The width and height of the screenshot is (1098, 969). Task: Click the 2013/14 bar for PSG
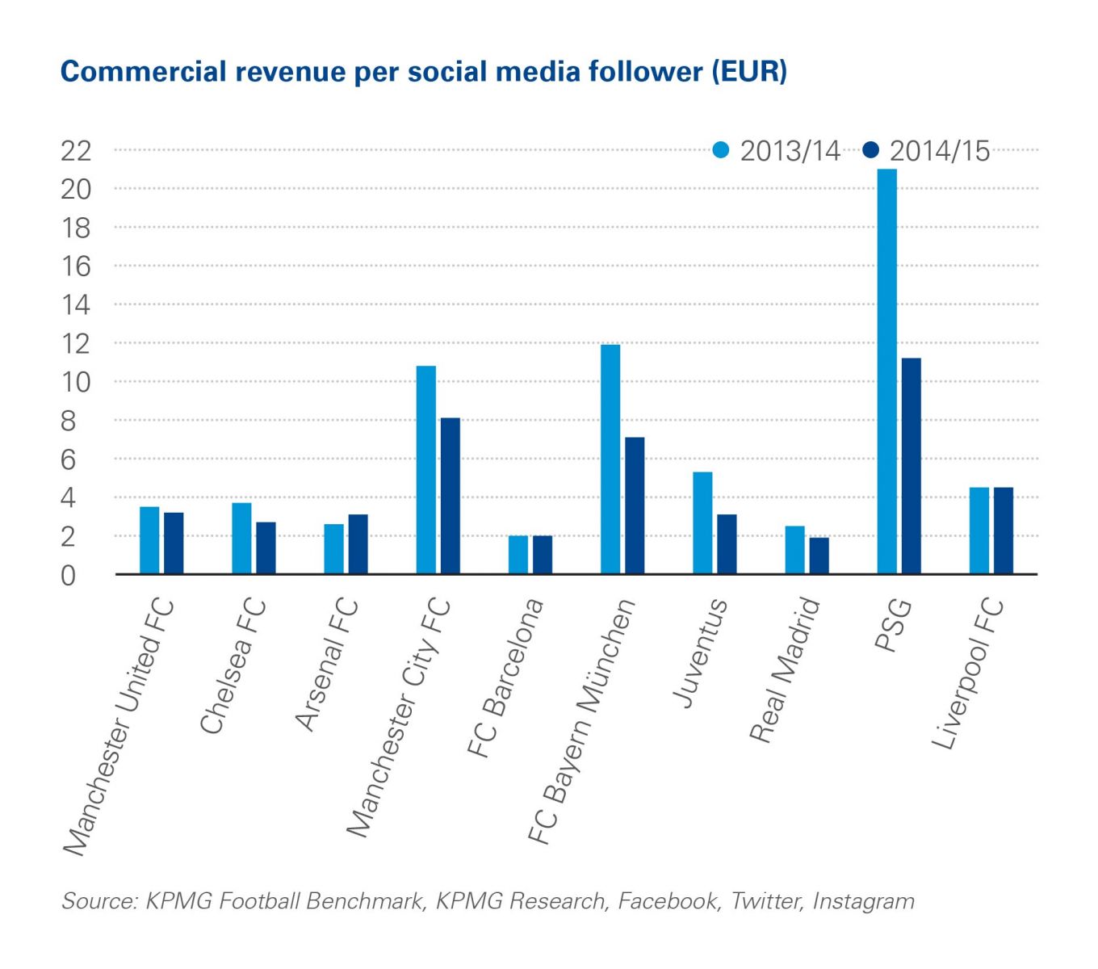[x=886, y=371]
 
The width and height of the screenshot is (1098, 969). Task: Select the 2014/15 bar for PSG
[x=911, y=466]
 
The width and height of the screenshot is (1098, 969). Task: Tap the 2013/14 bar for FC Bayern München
[x=610, y=459]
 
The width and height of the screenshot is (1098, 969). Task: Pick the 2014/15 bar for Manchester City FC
[x=450, y=496]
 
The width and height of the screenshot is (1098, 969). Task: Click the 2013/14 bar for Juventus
[x=702, y=523]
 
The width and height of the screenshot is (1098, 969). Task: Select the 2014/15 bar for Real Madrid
[x=819, y=556]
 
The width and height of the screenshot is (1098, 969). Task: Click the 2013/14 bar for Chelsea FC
[x=241, y=539]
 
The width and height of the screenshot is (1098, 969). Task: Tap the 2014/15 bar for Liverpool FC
[x=1003, y=531]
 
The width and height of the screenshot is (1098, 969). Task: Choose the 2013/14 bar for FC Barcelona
[x=518, y=555]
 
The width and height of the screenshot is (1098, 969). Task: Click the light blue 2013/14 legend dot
[x=721, y=150]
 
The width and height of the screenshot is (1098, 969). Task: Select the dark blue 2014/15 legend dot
[x=870, y=150]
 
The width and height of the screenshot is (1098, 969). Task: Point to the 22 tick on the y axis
[x=76, y=150]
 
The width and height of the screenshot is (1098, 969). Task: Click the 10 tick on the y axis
[x=76, y=382]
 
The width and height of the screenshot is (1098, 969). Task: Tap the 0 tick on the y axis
[x=68, y=576]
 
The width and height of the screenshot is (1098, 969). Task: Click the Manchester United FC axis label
[x=119, y=727]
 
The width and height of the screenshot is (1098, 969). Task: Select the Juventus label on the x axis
[x=701, y=654]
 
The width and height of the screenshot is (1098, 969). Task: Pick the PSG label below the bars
[x=893, y=626]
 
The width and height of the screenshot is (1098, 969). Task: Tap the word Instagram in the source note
[x=863, y=901]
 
